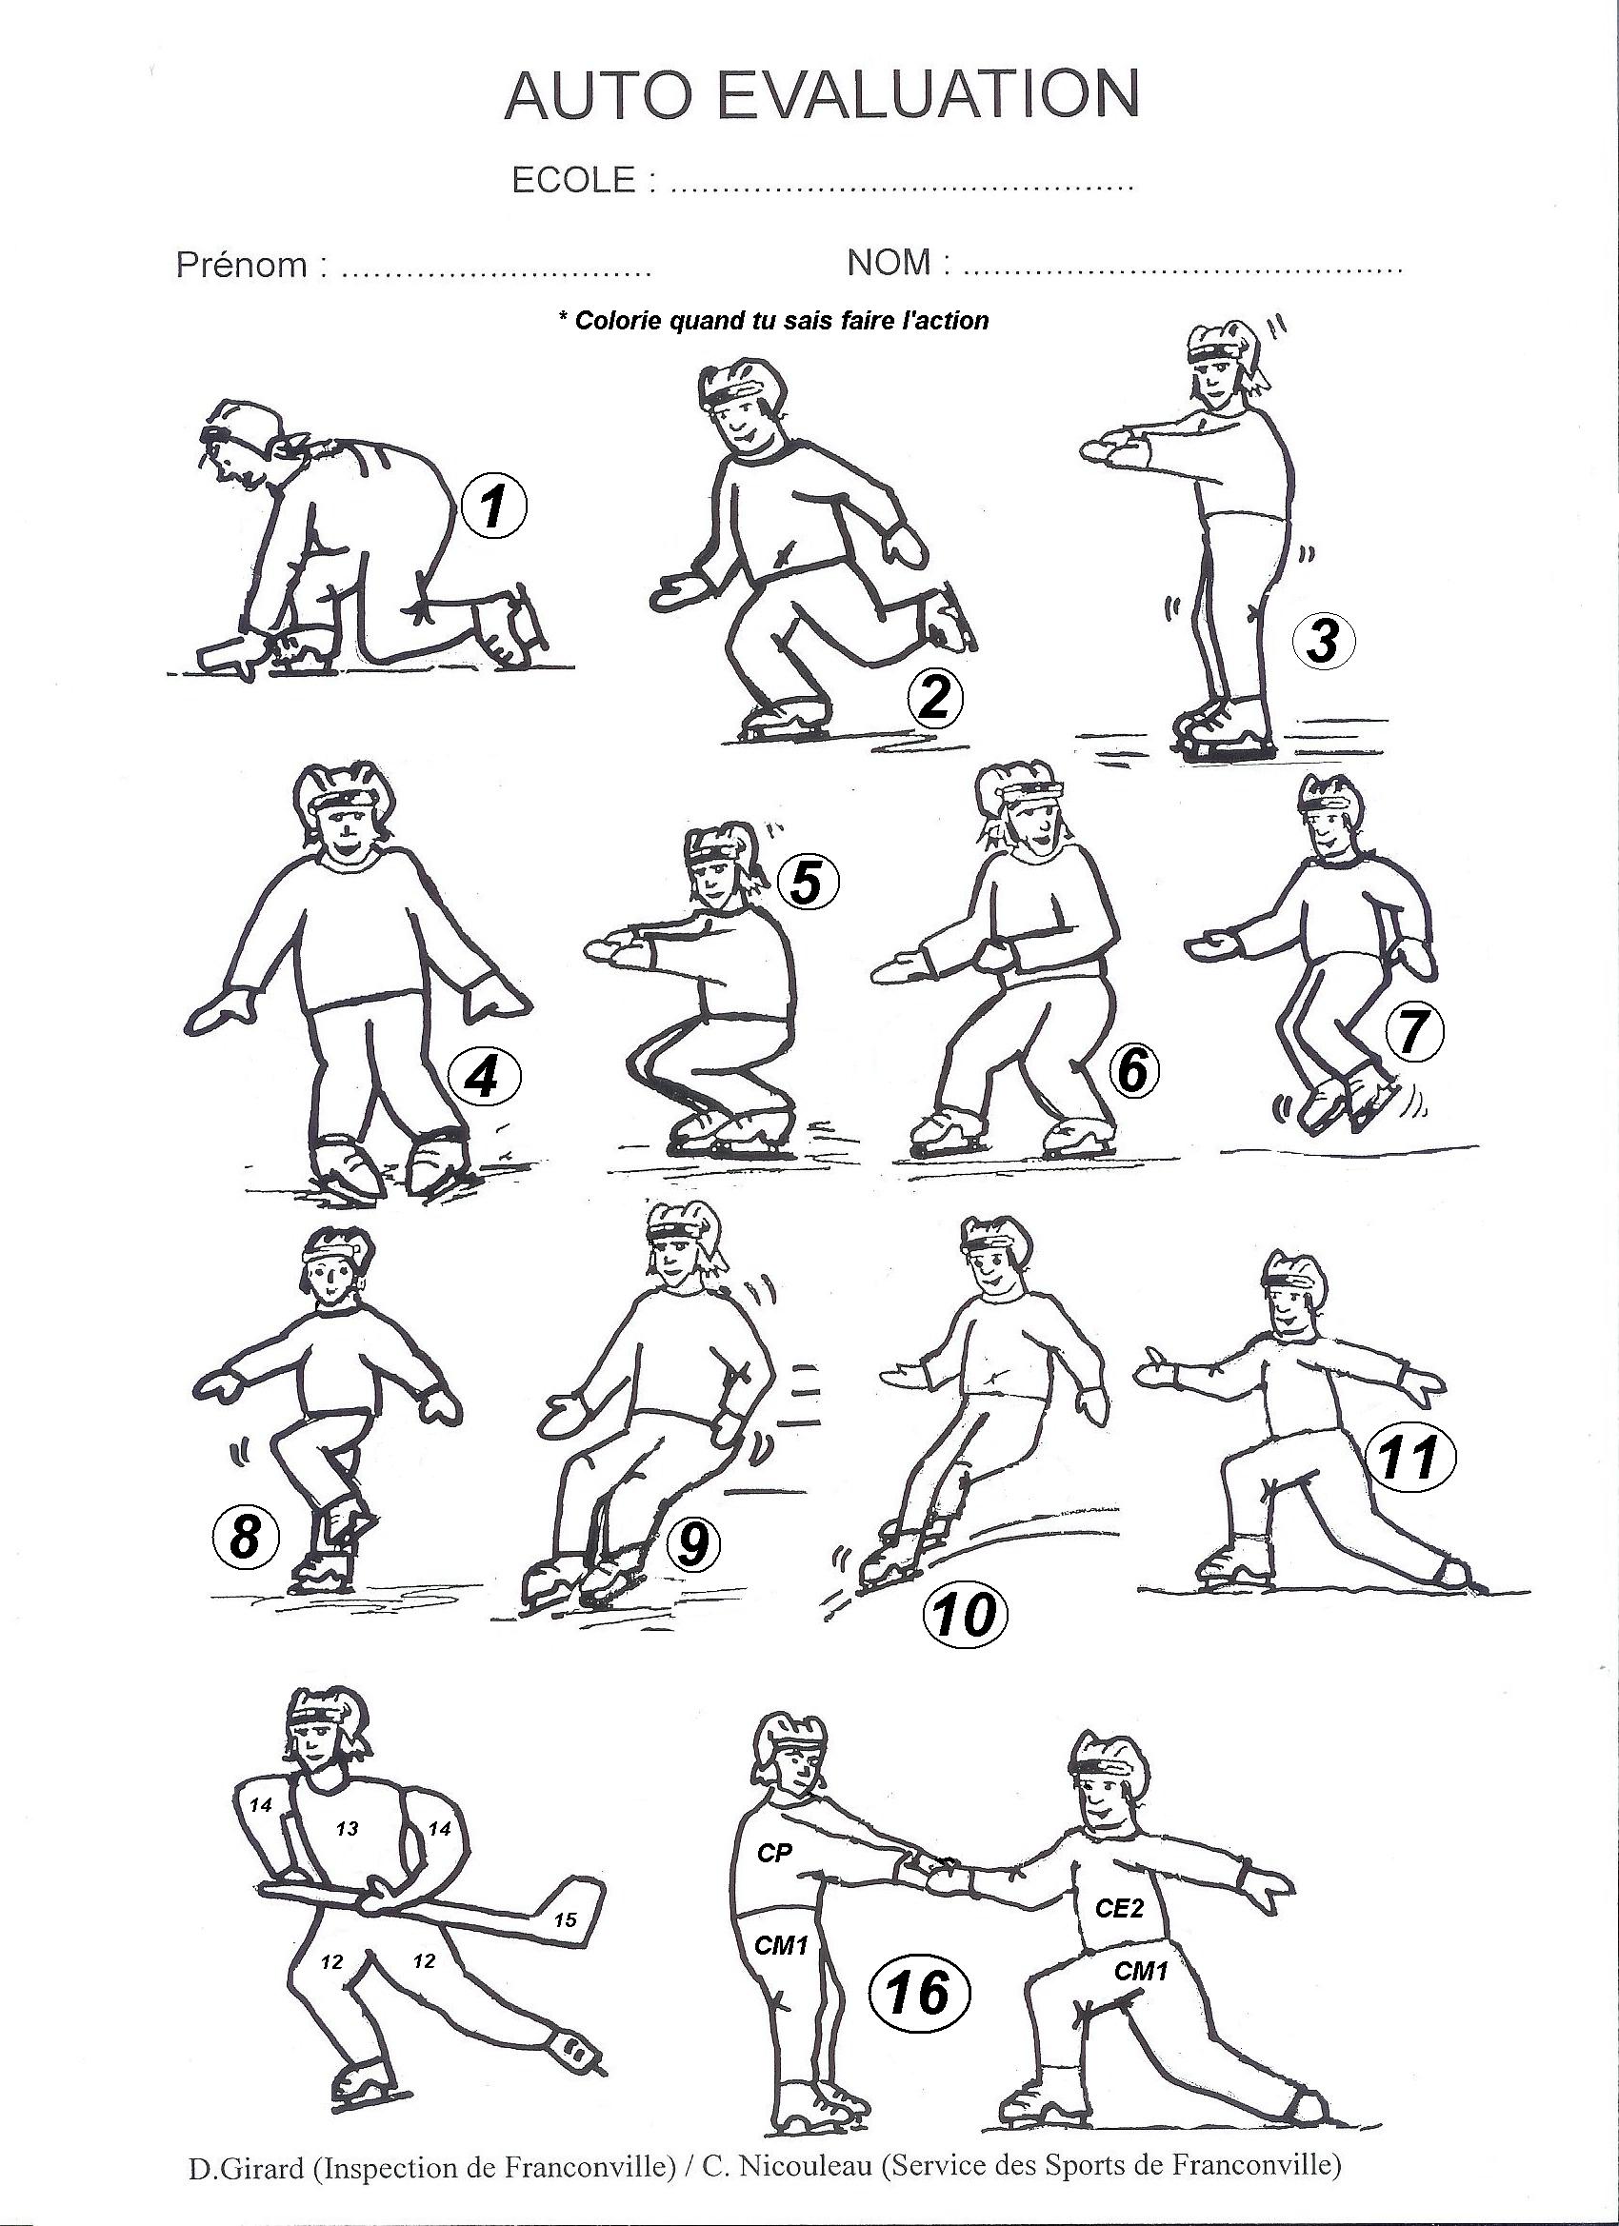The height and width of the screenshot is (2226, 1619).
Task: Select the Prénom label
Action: click(242, 264)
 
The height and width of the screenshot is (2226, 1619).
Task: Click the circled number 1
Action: click(494, 507)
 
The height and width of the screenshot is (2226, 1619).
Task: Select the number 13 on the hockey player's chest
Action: click(347, 1828)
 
